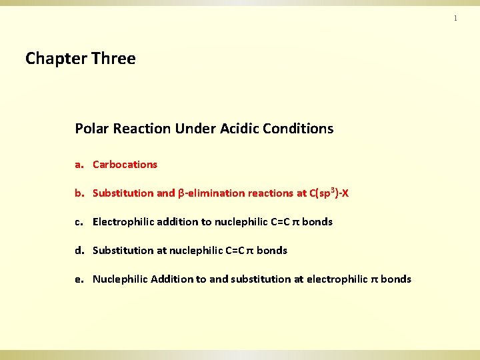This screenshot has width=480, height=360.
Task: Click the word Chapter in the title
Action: point(56,59)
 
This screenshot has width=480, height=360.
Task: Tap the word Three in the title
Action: point(113,59)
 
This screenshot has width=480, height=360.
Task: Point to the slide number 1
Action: point(455,18)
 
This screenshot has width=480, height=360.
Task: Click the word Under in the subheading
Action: point(194,129)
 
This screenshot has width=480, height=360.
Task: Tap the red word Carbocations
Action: point(125,164)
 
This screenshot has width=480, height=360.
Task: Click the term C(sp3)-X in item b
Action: point(329,193)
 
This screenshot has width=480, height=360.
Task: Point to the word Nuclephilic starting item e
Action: point(120,279)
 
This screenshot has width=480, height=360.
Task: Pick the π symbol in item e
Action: point(374,279)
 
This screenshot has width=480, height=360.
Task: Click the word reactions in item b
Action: point(271,193)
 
